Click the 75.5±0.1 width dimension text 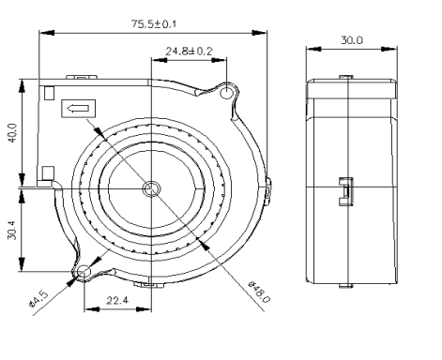pos(154,23)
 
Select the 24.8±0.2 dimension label pos(189,51)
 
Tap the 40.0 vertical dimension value pos(12,133)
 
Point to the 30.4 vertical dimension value pos(12,230)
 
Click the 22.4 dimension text pos(117,300)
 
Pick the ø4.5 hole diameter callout pos(38,299)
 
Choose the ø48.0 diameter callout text pos(259,292)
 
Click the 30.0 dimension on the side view pos(352,40)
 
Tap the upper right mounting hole pos(226,93)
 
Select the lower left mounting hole pos(84,271)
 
